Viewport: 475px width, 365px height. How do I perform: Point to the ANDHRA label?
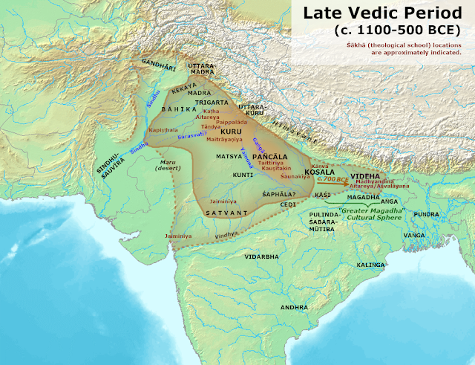click(x=294, y=306)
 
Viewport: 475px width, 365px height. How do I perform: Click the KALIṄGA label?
click(x=369, y=265)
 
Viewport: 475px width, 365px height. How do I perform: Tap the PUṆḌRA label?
click(x=426, y=213)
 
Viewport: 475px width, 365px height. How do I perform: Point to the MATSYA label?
click(x=229, y=157)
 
